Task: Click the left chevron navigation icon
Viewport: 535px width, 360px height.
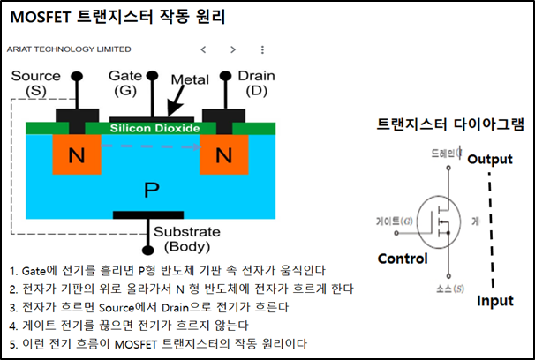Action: [x=203, y=49]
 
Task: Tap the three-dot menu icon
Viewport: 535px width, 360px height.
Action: [x=262, y=49]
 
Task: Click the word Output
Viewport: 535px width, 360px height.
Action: [x=489, y=159]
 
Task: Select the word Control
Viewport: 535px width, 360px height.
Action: [x=402, y=259]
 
